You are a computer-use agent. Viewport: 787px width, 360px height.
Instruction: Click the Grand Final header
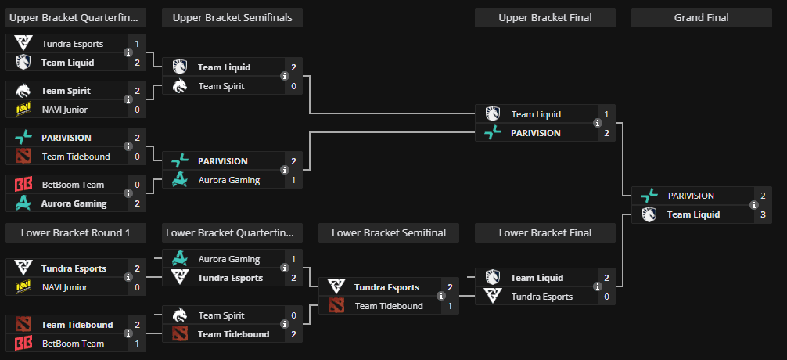[701, 18]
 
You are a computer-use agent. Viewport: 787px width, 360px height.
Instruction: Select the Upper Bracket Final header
[544, 18]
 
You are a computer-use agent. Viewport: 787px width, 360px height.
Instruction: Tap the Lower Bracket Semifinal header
[388, 232]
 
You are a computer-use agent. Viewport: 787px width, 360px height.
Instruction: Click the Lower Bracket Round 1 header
[75, 232]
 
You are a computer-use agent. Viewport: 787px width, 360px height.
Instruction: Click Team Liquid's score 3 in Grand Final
[763, 214]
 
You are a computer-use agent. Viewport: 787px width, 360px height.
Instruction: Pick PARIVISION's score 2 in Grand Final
[763, 196]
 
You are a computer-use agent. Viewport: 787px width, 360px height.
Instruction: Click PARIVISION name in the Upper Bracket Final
[535, 133]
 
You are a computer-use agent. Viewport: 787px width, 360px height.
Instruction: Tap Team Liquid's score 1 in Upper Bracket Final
[606, 114]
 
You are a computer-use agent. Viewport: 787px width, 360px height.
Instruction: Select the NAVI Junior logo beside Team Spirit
[23, 110]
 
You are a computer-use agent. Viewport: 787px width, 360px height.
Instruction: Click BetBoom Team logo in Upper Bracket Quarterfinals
[23, 185]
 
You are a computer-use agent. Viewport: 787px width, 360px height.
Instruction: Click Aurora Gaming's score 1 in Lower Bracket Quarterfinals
[293, 259]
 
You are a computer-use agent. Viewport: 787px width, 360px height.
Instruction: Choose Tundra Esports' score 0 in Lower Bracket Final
[606, 297]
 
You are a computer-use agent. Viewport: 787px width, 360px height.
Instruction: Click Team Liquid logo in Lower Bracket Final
[492, 278]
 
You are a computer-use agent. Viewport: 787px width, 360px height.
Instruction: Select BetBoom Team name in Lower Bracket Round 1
[73, 344]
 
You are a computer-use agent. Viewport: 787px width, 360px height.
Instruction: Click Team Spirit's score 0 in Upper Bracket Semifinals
[293, 86]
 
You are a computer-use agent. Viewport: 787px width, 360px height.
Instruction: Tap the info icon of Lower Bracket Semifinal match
[441, 297]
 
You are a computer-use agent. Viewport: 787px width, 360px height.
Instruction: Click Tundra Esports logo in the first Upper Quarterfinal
[23, 44]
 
